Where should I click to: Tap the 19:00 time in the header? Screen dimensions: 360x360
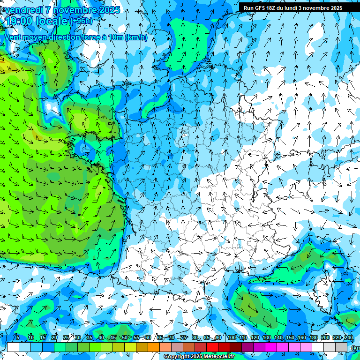click(19, 21)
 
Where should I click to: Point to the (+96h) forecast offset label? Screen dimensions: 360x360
click(81, 21)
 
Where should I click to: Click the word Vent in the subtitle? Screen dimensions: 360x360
click(13, 37)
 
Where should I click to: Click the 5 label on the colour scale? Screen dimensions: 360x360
click(18, 338)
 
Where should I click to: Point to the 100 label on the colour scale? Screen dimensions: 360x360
click(231, 338)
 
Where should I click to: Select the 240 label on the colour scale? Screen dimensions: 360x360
click(348, 338)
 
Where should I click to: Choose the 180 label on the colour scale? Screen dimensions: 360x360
click(313, 338)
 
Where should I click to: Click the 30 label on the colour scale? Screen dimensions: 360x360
click(78, 338)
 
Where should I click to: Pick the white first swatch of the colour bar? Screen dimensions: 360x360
click(13, 347)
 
